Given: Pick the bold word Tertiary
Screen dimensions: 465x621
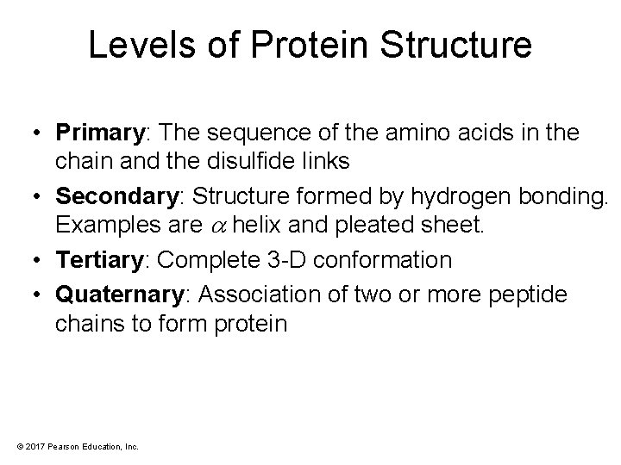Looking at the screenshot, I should coord(91,259).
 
